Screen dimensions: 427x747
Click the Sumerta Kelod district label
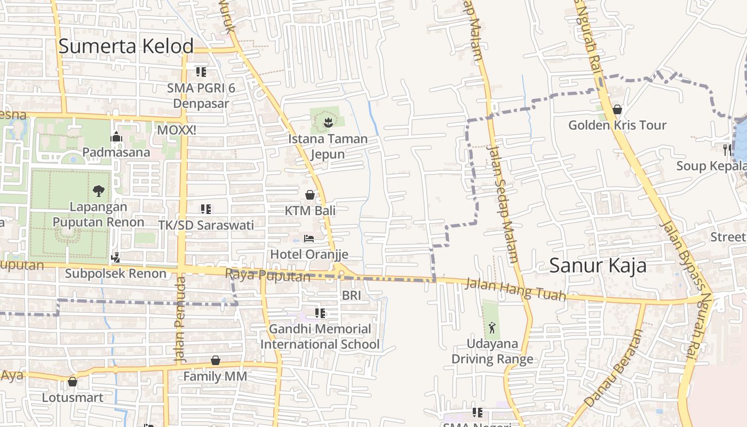coord(126,46)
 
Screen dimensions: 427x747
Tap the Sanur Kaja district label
coord(598,265)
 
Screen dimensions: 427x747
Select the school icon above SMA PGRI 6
coord(201,72)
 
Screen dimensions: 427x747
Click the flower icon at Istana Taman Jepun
coord(328,123)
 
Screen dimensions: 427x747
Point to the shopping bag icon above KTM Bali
coord(309,195)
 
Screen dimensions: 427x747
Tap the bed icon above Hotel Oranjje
coord(309,238)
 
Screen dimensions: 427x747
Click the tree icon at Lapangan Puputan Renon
coord(98,191)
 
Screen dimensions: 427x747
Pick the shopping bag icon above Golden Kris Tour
coord(617,109)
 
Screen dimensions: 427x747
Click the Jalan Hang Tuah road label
coord(515,290)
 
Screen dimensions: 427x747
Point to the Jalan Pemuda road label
coord(180,318)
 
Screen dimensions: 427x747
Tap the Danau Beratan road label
coord(614,368)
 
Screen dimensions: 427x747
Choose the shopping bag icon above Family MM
coord(216,361)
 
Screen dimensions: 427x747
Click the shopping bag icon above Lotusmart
coord(73,382)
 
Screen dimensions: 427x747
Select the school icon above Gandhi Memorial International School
coord(320,313)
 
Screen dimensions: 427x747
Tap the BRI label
coord(352,295)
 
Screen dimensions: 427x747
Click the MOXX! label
coord(177,130)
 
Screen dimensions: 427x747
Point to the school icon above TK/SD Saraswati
coord(206,209)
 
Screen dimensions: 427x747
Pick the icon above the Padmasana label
coord(116,137)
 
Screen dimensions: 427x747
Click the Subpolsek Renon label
coord(116,274)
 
